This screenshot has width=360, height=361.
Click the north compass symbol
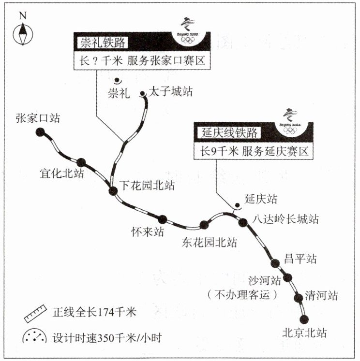pyautogui.click(x=23, y=34)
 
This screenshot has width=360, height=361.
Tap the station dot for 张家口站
pyautogui.click(x=40, y=131)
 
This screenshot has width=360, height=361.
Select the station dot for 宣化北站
pyautogui.click(x=81, y=162)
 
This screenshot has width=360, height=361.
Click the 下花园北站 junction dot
pyautogui.click(x=113, y=191)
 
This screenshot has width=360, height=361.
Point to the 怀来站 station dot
pyautogui.click(x=163, y=219)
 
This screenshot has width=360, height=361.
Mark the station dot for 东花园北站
pyautogui.click(x=205, y=224)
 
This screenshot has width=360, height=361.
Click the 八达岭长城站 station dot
pyautogui.click(x=243, y=221)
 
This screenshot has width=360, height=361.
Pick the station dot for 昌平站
pyautogui.click(x=275, y=263)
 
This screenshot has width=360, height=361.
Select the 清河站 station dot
pyautogui.click(x=297, y=296)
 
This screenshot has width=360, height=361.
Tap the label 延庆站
pyautogui.click(x=261, y=198)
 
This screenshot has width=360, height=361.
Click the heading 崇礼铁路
pyautogui.click(x=102, y=43)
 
